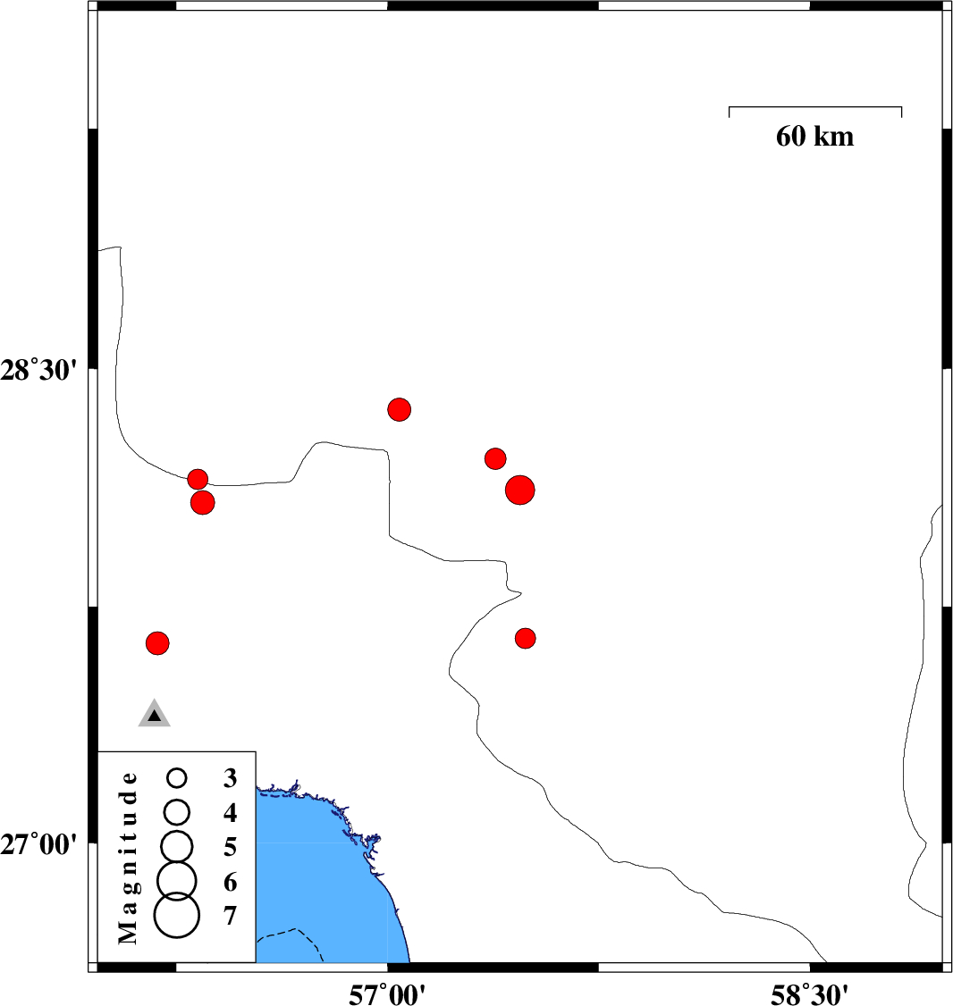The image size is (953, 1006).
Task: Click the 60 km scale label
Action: click(814, 137)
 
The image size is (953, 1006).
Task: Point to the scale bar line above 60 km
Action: click(814, 107)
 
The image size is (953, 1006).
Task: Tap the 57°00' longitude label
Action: click(387, 991)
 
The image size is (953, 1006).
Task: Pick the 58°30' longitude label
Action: click(810, 991)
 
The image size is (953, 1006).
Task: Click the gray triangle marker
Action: click(155, 714)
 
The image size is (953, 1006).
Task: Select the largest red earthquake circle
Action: click(519, 490)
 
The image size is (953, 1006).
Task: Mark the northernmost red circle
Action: click(400, 409)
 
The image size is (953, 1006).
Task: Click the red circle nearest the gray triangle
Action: click(157, 642)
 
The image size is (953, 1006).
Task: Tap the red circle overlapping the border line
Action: click(198, 479)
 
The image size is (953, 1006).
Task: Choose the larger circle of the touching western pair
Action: click(203, 503)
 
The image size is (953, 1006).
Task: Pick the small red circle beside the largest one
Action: click(495, 458)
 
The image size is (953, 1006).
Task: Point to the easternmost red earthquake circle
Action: click(525, 638)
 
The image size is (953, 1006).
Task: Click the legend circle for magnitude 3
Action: click(177, 778)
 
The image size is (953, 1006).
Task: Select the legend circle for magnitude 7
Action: click(177, 917)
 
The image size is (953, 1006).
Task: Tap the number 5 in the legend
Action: click(231, 846)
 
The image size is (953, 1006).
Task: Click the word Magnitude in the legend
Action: click(129, 857)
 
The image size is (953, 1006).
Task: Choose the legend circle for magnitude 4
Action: click(177, 811)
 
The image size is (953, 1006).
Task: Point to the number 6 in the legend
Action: click(231, 883)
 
